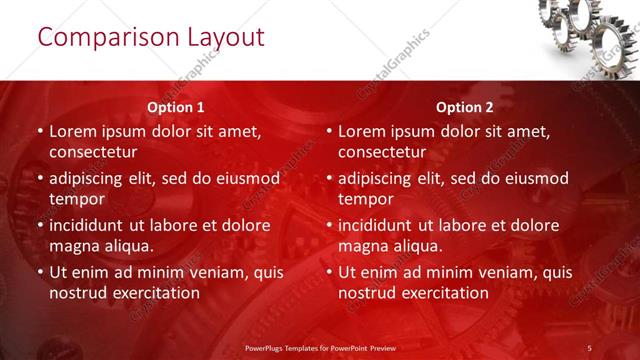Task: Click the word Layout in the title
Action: (x=226, y=39)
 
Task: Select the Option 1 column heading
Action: (x=176, y=106)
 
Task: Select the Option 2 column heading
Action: (x=465, y=106)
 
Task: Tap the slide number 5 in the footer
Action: (x=589, y=347)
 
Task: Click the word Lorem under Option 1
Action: (x=74, y=131)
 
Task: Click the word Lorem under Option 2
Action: (x=363, y=131)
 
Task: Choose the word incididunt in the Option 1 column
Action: (x=92, y=225)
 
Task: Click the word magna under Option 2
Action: (x=364, y=246)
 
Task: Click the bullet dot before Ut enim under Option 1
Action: (x=39, y=272)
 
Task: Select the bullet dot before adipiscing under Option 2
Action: (x=328, y=178)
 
